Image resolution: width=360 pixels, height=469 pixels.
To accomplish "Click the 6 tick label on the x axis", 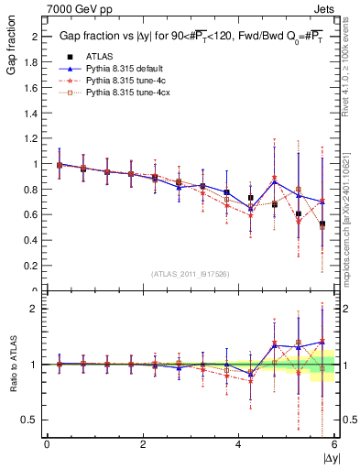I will click(334, 444).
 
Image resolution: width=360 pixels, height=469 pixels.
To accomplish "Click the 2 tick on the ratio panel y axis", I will click(37, 309).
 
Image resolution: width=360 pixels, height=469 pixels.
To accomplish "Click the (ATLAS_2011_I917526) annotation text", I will click(191, 273).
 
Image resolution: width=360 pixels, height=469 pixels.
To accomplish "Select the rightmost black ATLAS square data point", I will click(322, 224).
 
